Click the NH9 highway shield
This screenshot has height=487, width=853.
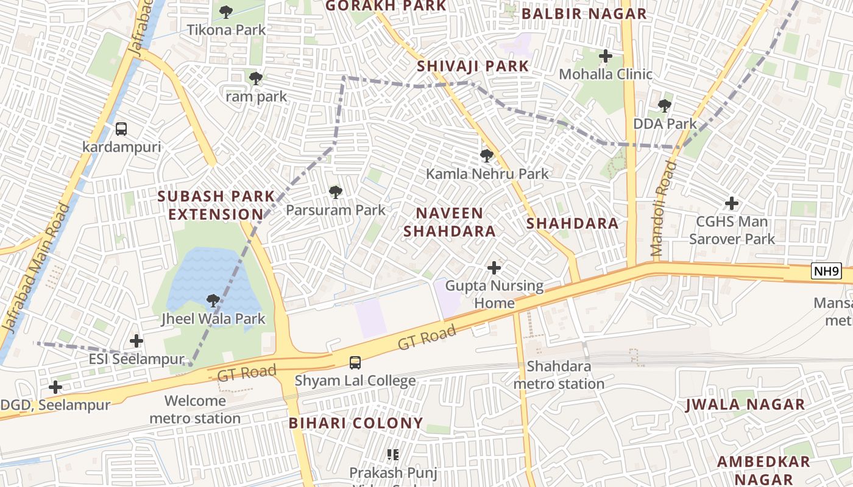(x=826, y=272)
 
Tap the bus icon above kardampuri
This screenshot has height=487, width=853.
(x=121, y=129)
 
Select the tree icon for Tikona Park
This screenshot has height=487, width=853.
(x=226, y=12)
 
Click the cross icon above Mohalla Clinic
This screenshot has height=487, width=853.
(x=605, y=56)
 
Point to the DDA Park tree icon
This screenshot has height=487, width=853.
(x=664, y=106)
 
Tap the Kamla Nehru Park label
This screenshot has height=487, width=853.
(x=487, y=173)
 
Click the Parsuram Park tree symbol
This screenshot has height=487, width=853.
(x=335, y=192)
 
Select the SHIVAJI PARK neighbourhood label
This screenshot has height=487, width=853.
(x=473, y=66)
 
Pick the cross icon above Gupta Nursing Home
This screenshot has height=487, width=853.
(x=494, y=267)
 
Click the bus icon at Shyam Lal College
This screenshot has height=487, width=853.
(x=355, y=363)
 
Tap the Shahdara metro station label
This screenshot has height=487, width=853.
(x=559, y=375)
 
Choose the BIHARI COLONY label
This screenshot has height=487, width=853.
(x=356, y=423)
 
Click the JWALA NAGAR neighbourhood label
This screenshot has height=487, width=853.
(x=745, y=404)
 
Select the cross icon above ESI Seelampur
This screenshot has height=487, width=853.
(x=136, y=341)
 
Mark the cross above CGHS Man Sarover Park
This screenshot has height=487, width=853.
(x=731, y=203)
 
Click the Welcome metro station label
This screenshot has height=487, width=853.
(x=195, y=410)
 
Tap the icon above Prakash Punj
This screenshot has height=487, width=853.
(x=393, y=454)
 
